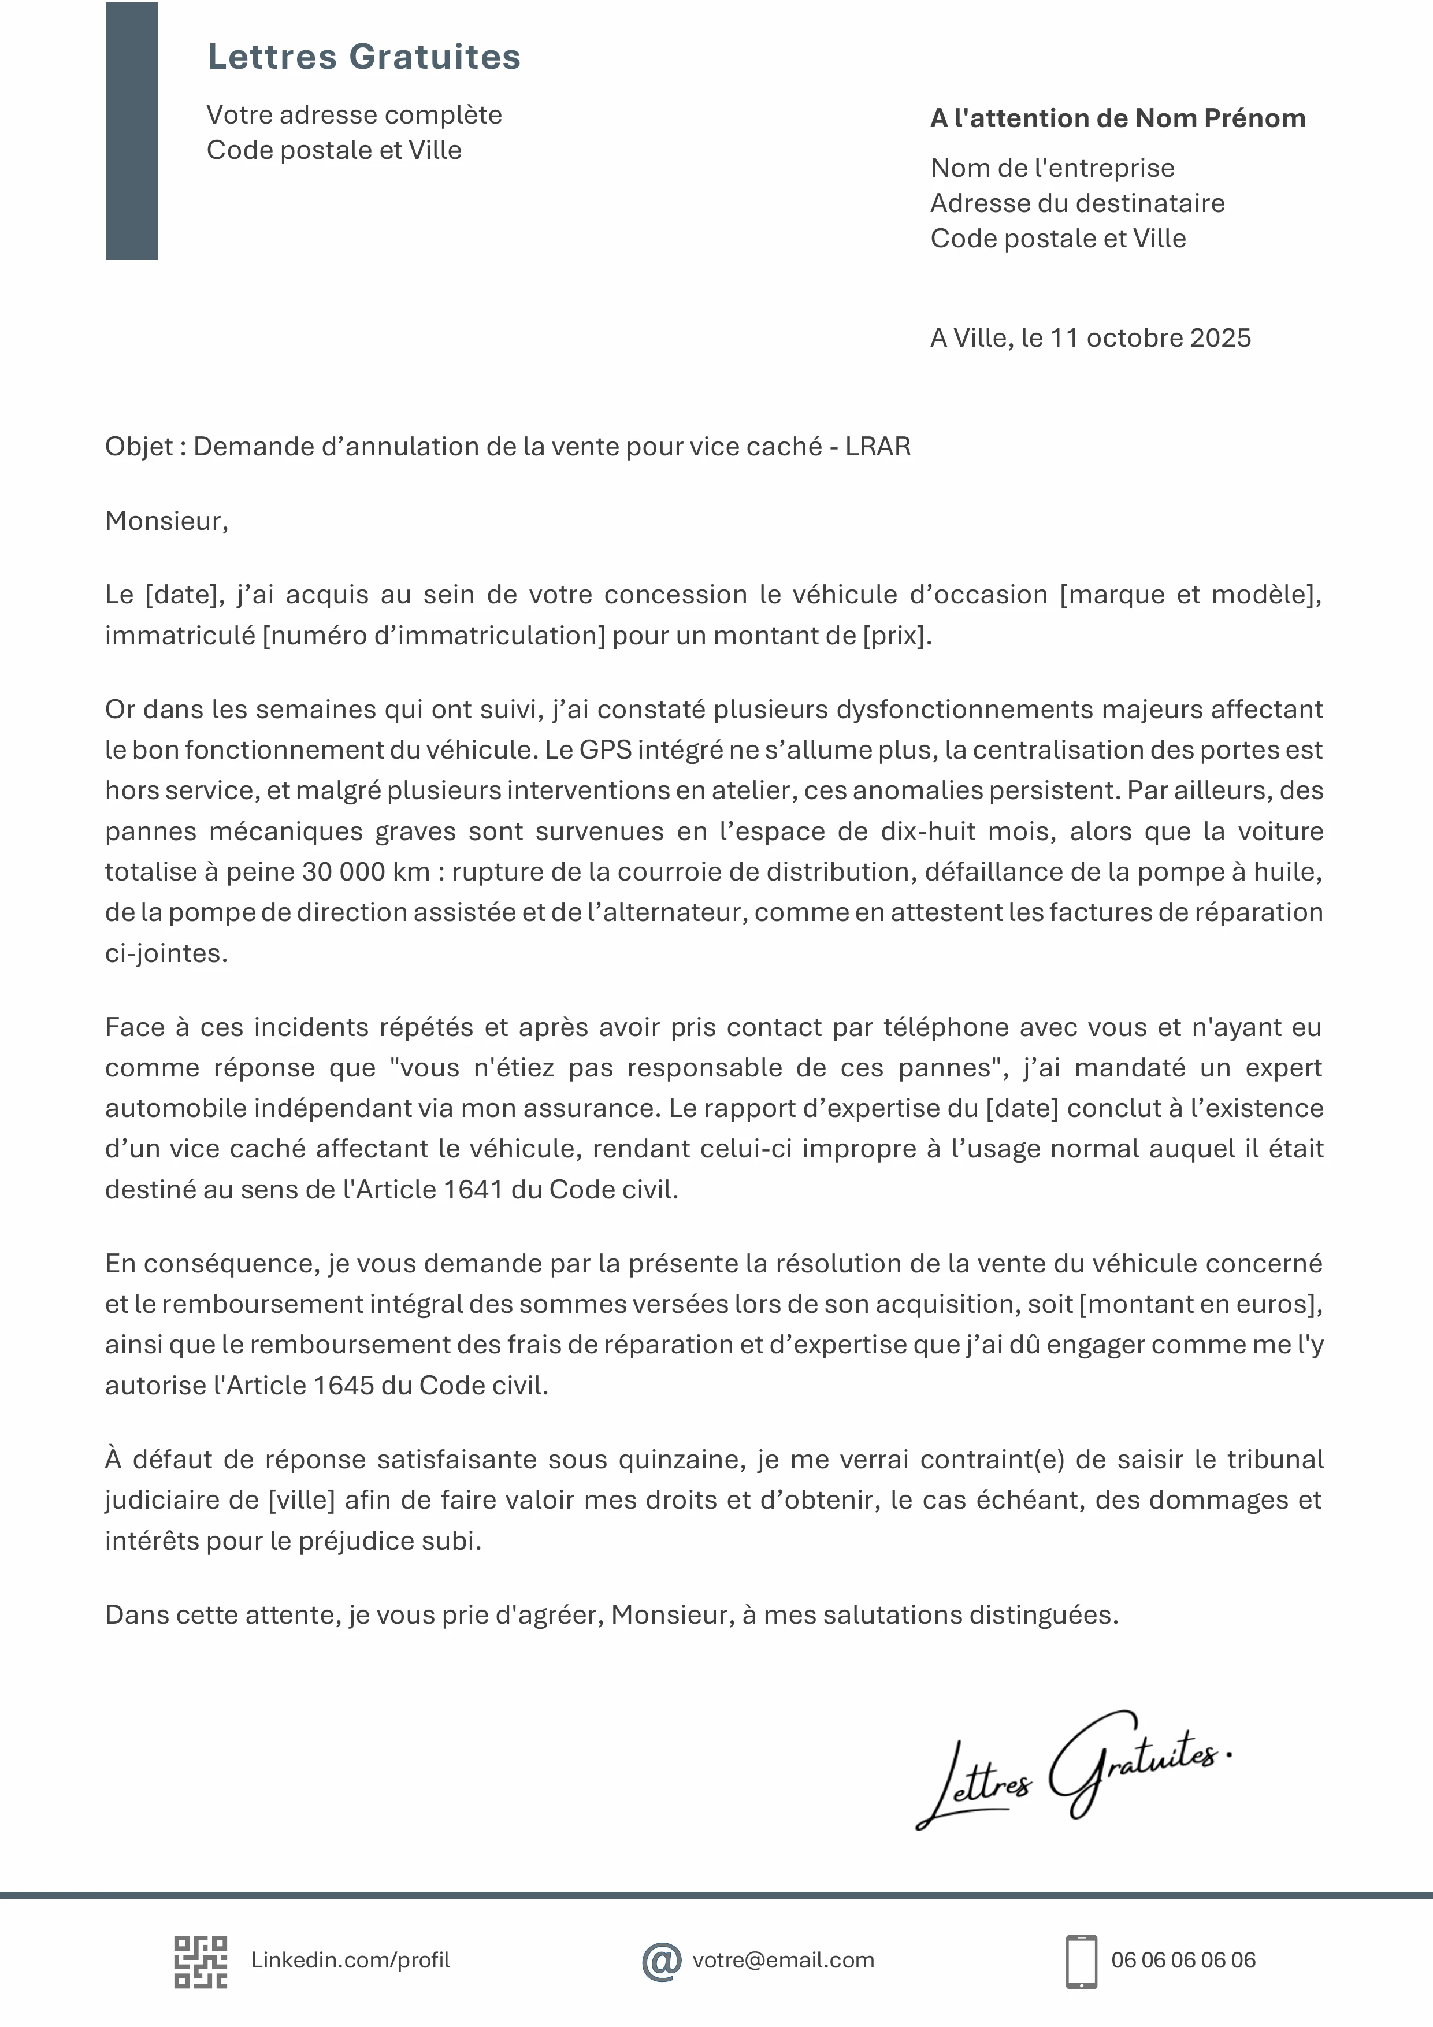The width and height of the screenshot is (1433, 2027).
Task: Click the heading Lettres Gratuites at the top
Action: tap(364, 57)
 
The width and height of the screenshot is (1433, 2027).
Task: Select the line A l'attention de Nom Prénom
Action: tap(1117, 118)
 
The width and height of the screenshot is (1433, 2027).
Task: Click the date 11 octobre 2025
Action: tap(1150, 338)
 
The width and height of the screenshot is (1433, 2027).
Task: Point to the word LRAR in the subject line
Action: tap(878, 447)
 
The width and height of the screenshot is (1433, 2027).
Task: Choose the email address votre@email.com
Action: tap(783, 1961)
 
